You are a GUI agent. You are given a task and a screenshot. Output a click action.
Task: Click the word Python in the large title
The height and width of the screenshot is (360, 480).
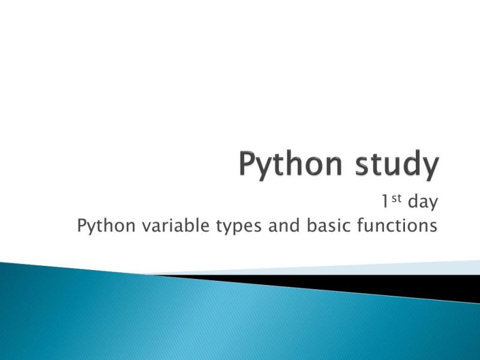[x=291, y=165]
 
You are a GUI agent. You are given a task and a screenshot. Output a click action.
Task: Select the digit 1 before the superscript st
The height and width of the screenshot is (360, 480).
[x=384, y=202]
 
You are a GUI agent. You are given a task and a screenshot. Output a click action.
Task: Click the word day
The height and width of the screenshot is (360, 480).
[x=422, y=202]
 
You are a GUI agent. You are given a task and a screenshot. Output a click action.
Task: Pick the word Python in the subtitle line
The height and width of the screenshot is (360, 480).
[x=101, y=226]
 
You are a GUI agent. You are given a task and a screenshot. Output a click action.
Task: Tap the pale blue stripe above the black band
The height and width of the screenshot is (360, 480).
[x=420, y=268]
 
